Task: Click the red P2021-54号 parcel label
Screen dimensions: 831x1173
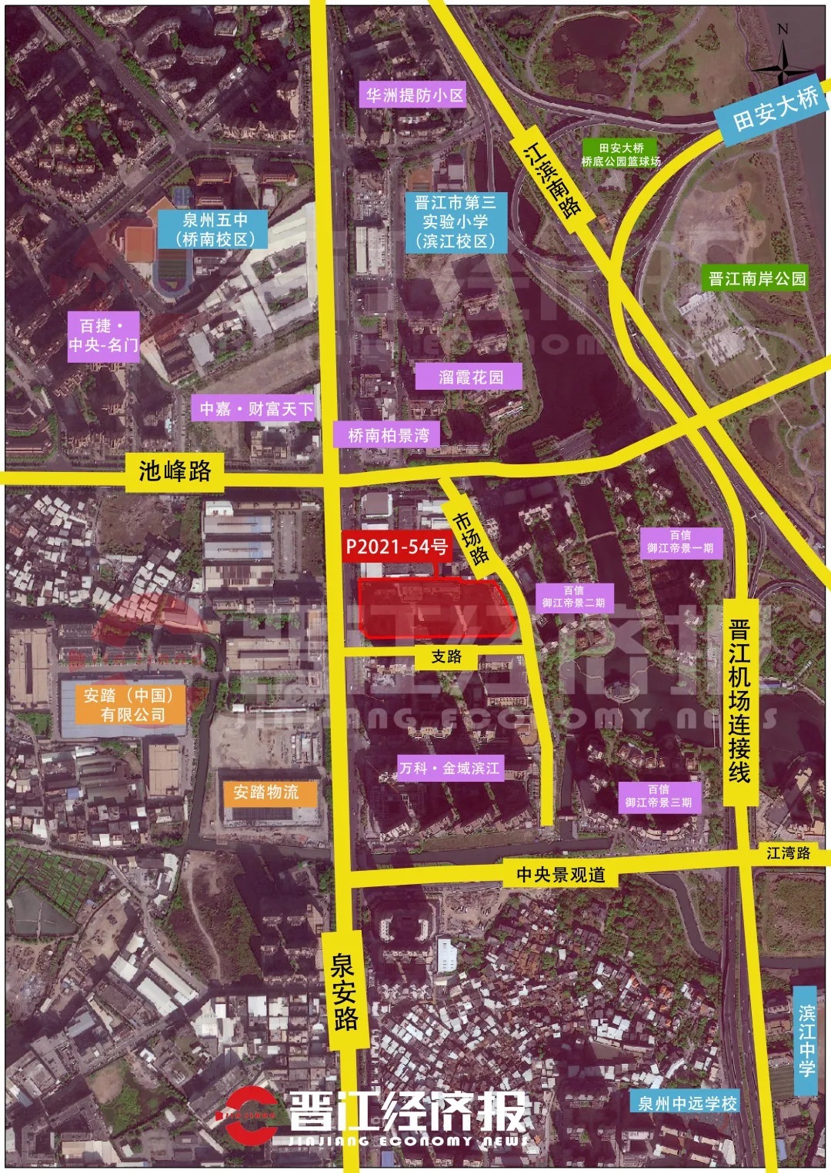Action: point(396,547)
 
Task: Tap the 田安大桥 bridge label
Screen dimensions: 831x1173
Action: point(775,108)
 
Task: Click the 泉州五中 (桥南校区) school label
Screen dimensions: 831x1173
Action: point(215,229)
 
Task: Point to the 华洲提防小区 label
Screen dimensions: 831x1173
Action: point(414,95)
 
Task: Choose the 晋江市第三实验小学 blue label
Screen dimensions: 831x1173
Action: point(456,221)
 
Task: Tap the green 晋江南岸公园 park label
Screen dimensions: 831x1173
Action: point(756,278)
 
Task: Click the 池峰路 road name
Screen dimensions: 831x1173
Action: point(175,470)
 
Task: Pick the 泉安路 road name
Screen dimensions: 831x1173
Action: point(345,991)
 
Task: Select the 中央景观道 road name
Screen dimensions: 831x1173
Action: point(560,874)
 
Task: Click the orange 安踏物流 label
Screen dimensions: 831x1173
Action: point(266,792)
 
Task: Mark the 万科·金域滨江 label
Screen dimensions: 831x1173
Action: point(449,768)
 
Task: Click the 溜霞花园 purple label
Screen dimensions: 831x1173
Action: point(470,377)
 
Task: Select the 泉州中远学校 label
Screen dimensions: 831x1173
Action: point(687,1103)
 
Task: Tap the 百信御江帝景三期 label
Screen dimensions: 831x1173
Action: point(659,796)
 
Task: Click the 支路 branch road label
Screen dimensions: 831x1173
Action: point(446,656)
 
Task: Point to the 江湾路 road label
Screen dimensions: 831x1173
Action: point(789,852)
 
